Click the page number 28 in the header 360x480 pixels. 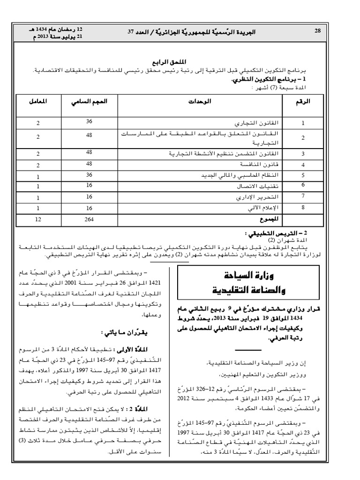coord(317,31)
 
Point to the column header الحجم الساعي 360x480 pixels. coord(89,102)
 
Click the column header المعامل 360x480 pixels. coord(38,102)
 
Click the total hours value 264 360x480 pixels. coord(89,219)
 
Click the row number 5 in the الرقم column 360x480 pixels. coord(303,176)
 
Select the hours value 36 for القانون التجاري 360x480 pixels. coord(89,121)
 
